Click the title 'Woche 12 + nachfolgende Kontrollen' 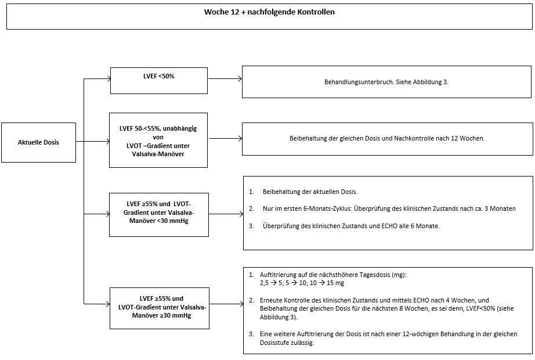pyautogui.click(x=269, y=12)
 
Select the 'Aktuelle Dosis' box pyautogui.click(x=38, y=142)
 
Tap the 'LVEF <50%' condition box pyautogui.click(x=158, y=81)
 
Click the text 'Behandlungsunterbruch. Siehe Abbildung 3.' pyautogui.click(x=386, y=82)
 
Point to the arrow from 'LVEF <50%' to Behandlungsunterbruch pyautogui.click(x=225, y=79)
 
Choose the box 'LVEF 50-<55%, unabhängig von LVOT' pyautogui.click(x=158, y=140)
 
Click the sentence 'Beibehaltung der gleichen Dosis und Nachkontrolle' pyautogui.click(x=387, y=139)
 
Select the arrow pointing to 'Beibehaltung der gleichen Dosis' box pyautogui.click(x=226, y=139)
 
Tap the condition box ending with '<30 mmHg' pyautogui.click(x=158, y=215)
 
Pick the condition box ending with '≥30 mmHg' pyautogui.click(x=160, y=308)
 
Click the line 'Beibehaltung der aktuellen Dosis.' pyautogui.click(x=310, y=192)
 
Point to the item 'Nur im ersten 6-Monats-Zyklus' pyautogui.click(x=389, y=208)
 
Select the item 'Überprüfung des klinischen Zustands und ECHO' pyautogui.click(x=351, y=226)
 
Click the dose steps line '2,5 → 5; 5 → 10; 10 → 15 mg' pyautogui.click(x=302, y=283)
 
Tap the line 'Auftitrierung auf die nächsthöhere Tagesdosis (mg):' pyautogui.click(x=333, y=275)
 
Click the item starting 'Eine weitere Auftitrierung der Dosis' pyautogui.click(x=388, y=338)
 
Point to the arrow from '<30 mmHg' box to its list pyautogui.click(x=226, y=214)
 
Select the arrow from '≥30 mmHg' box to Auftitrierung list pyautogui.click(x=226, y=304)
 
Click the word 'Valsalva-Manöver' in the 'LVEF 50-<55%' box pyautogui.click(x=158, y=154)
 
